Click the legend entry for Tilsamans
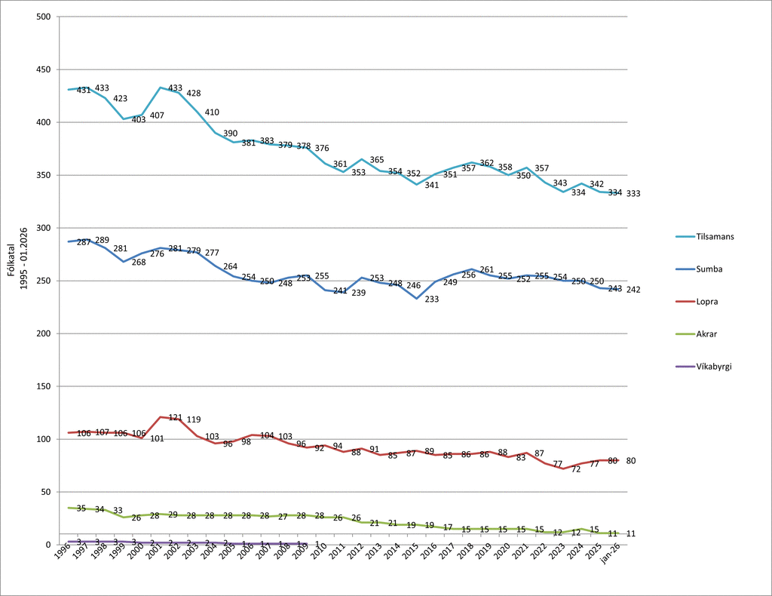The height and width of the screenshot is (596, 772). pyautogui.click(x=715, y=236)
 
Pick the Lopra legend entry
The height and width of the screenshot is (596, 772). pyautogui.click(x=706, y=301)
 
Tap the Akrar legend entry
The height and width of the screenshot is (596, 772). pyautogui.click(x=706, y=333)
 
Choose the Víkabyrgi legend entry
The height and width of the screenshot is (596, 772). pyautogui.click(x=714, y=367)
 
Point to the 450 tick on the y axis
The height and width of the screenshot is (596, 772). pyautogui.click(x=43, y=69)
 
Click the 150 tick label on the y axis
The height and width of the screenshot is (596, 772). pyautogui.click(x=43, y=386)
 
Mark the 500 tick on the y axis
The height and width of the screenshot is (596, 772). pyautogui.click(x=43, y=17)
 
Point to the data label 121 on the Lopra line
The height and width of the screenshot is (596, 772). pyautogui.click(x=175, y=417)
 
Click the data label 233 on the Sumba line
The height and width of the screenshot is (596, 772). pyautogui.click(x=431, y=299)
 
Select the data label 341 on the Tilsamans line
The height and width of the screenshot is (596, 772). pyautogui.click(x=431, y=185)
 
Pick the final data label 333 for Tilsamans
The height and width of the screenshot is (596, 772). pyautogui.click(x=633, y=194)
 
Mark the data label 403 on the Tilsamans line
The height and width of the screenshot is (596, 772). pyautogui.click(x=139, y=119)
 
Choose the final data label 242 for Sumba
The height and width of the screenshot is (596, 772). pyautogui.click(x=633, y=290)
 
